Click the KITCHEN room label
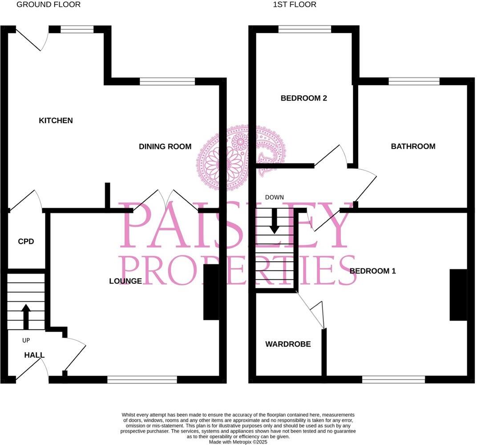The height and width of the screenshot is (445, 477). [56, 121]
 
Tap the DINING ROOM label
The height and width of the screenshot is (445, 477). [165, 146]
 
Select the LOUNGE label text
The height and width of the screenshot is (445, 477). [126, 281]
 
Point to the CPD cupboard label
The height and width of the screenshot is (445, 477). [26, 242]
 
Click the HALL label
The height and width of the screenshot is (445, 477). [34, 355]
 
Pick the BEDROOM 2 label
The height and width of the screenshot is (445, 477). [303, 98]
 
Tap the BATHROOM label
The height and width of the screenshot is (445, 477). [413, 146]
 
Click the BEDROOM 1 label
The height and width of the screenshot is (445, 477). [372, 271]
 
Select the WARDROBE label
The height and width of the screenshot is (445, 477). [288, 344]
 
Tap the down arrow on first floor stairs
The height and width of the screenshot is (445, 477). [274, 220]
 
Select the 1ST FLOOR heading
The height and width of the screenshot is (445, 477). [295, 4]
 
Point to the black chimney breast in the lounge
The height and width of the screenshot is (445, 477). [211, 292]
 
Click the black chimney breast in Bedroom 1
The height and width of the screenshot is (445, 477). [458, 295]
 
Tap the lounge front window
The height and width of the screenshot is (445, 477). [142, 380]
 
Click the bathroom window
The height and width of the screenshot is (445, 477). [414, 81]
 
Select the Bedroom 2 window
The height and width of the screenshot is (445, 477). [305, 29]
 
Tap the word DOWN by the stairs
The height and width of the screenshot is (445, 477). [274, 197]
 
